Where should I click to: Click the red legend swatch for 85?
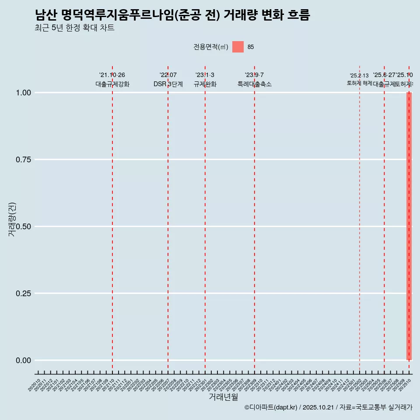pos(238,47)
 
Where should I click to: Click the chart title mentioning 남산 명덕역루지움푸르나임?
pos(172,15)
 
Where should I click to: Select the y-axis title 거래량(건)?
pos(12,220)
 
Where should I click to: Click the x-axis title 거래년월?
pos(223,397)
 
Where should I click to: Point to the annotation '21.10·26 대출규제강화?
pos(112,80)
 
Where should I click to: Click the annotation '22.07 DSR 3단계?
pos(168,80)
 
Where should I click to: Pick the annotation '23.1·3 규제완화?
pos(205,80)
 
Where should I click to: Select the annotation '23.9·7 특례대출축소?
pos(254,80)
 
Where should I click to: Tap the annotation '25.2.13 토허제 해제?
pos(359,80)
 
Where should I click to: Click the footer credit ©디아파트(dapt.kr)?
pos(271,408)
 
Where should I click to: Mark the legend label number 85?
pos(251,47)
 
